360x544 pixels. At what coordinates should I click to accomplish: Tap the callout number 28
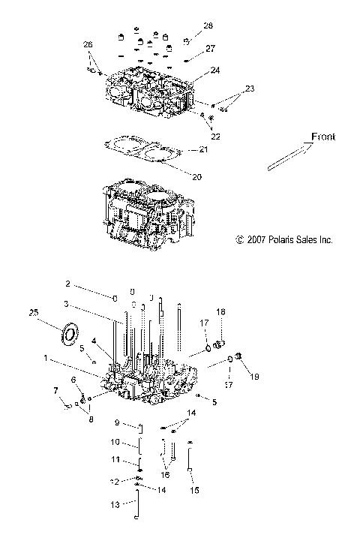(x=208, y=26)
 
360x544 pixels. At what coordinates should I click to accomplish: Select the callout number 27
(x=210, y=48)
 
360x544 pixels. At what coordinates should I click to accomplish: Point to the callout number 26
(x=88, y=45)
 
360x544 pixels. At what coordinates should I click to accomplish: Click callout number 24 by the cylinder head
(x=215, y=70)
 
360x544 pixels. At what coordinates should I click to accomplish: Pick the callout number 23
(x=249, y=89)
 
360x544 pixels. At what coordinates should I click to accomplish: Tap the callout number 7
(x=55, y=390)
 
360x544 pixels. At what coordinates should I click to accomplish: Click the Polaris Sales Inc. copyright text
(x=283, y=240)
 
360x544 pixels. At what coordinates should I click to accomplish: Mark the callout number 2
(x=67, y=284)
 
